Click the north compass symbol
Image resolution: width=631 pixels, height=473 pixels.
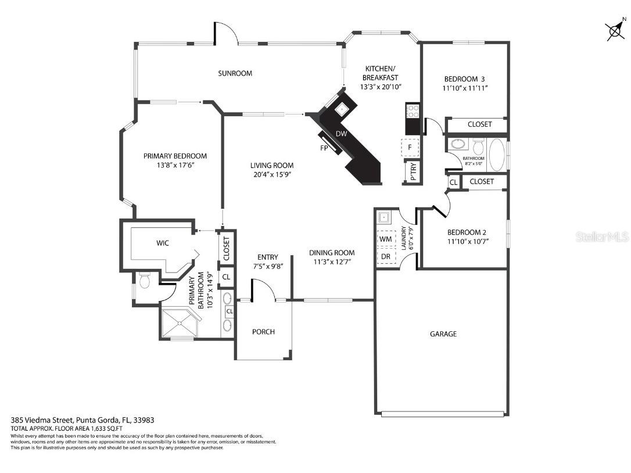pos(615,30)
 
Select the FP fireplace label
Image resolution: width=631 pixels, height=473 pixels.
pos(324,148)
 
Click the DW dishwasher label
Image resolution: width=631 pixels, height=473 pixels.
pos(342,134)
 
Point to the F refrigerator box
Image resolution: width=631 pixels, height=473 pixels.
pos(411,147)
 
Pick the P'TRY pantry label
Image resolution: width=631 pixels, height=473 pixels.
pos(413,171)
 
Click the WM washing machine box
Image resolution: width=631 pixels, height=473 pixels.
pos(385,239)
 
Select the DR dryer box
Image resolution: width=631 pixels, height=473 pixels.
pos(385,256)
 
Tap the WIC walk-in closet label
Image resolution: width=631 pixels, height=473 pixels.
pos(163,243)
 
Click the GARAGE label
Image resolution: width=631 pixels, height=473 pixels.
pos(443,334)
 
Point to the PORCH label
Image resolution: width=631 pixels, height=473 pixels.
pos(263,332)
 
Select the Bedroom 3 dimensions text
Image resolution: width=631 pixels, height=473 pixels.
pos(464,88)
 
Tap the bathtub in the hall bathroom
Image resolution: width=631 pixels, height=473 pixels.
pos(497,154)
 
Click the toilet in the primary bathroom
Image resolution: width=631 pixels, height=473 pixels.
pos(145,282)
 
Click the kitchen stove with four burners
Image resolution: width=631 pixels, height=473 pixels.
pos(413,110)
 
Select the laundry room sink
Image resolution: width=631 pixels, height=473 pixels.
pos(383,218)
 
